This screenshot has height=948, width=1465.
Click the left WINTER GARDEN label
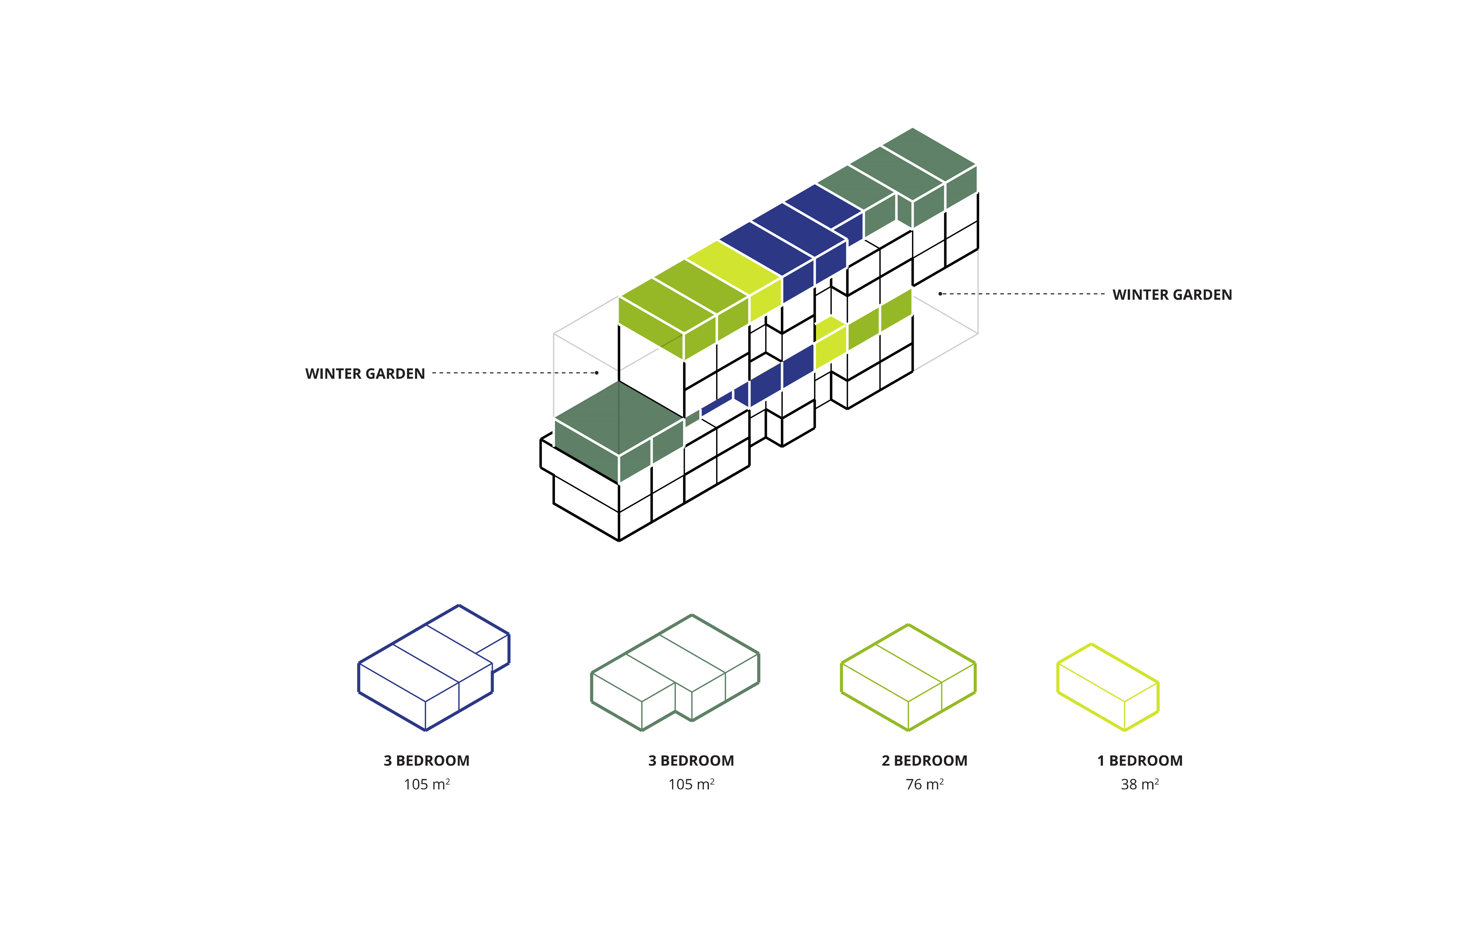(365, 374)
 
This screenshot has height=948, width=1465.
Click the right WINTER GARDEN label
(1172, 295)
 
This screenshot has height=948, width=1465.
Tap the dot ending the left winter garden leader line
(596, 372)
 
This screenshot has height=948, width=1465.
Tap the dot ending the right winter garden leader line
(940, 294)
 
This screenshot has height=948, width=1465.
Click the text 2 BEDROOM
(925, 761)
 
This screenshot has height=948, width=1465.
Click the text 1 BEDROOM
(1140, 761)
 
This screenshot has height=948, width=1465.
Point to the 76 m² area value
(925, 784)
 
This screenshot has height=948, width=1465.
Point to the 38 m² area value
(1140, 784)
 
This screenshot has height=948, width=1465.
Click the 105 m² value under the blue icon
(427, 784)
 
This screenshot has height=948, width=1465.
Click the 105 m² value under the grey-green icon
(691, 784)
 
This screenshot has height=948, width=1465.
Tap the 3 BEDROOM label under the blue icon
(427, 761)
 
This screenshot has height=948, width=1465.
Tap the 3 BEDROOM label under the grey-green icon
(691, 761)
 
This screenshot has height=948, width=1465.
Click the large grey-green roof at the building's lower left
(619, 419)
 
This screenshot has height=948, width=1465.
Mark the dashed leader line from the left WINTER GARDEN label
(513, 372)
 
